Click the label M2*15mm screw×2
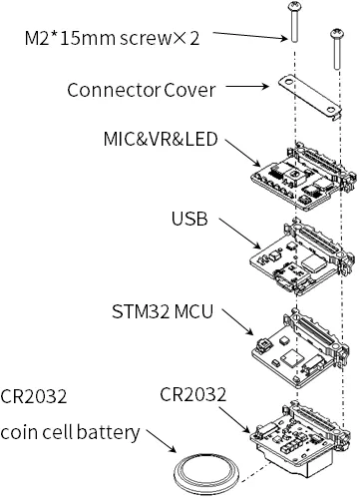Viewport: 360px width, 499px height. [x=112, y=38]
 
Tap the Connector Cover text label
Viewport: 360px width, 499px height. [x=142, y=90]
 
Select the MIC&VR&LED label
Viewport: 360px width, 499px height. [x=161, y=139]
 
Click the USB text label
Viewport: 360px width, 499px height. [x=189, y=219]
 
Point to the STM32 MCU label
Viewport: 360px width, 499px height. [x=163, y=311]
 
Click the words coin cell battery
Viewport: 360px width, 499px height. [x=70, y=432]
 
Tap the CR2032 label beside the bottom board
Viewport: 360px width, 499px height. [x=192, y=394]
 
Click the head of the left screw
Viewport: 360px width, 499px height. [x=294, y=6]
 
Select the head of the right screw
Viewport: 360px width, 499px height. [x=337, y=33]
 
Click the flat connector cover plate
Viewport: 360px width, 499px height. [x=310, y=97]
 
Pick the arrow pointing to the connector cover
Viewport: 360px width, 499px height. [x=247, y=87]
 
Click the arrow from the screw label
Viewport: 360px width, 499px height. [x=249, y=36]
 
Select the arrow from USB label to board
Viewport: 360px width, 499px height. [x=239, y=234]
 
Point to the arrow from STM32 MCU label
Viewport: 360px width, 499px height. [x=237, y=321]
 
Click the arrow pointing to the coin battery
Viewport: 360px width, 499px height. [x=162, y=441]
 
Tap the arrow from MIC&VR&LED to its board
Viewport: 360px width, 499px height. [x=242, y=153]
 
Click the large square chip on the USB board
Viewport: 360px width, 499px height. [x=314, y=263]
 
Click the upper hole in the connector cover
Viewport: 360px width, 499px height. [x=289, y=81]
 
